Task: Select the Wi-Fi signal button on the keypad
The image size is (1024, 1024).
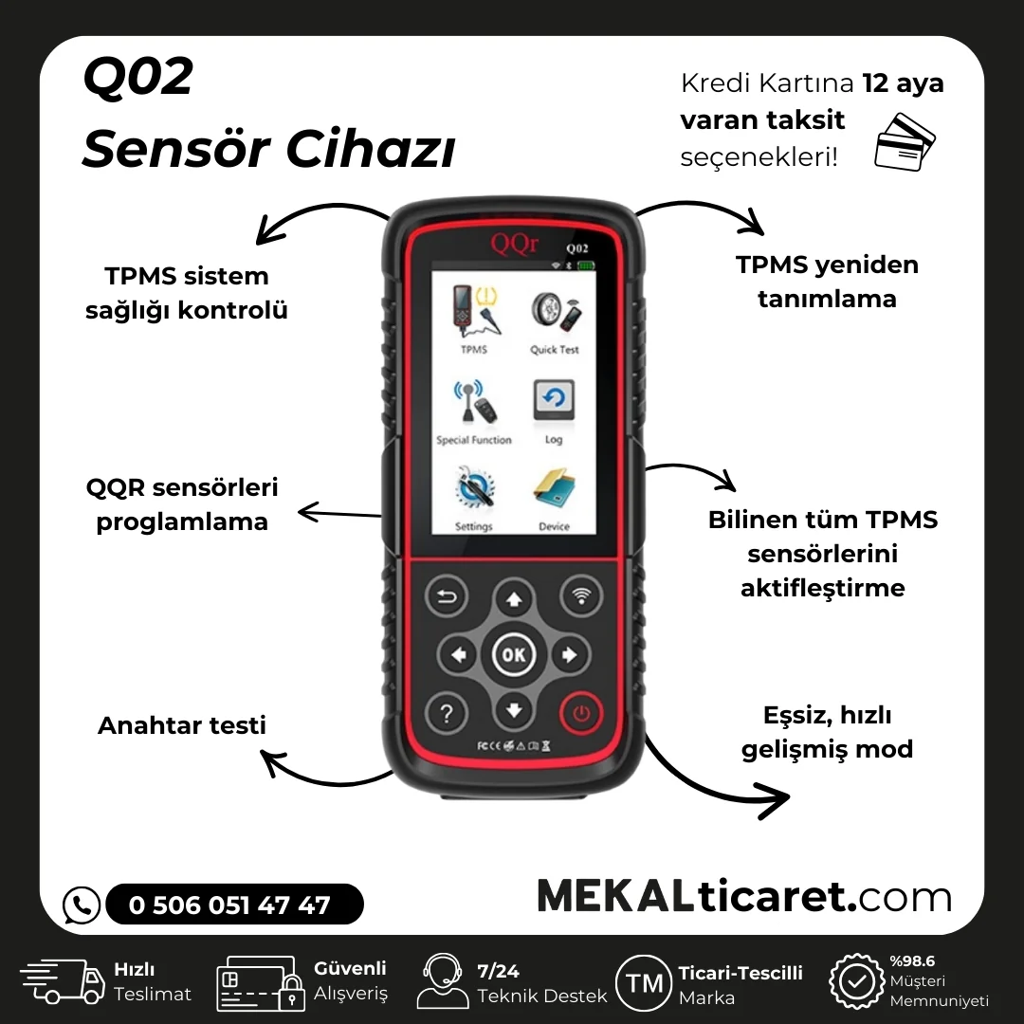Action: [x=581, y=597]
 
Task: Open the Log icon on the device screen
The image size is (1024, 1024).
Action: [x=554, y=404]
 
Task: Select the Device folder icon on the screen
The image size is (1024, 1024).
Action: [x=554, y=491]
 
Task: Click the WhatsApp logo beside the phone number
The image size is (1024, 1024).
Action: [x=82, y=905]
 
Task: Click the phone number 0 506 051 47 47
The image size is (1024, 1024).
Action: [x=230, y=905]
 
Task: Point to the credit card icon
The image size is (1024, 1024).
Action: [x=904, y=141]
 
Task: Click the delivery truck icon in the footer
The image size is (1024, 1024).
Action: [x=63, y=981]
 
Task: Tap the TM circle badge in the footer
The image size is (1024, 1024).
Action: [x=645, y=983]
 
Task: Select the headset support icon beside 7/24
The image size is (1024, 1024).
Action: [x=442, y=981]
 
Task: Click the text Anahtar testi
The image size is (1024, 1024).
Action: [x=182, y=725]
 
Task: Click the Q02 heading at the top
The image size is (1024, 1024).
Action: [x=138, y=79]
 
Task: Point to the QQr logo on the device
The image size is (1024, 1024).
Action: [x=515, y=242]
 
